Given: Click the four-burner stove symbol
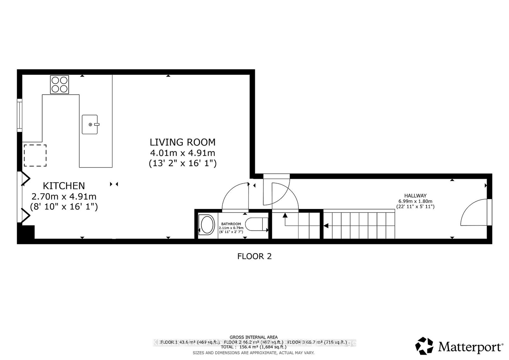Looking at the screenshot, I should click(59, 84).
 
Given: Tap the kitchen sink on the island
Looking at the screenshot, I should click(90, 124).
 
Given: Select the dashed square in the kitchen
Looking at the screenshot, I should click(35, 155).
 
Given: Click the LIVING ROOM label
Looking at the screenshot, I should click(183, 142).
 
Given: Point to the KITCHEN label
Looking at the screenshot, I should click(64, 186).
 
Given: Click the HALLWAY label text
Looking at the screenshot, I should click(415, 196).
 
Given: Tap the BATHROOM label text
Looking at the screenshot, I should click(231, 224).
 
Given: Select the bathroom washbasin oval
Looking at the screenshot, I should click(207, 225).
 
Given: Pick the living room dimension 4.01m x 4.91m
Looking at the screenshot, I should click(183, 153).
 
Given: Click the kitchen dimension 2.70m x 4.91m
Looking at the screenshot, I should click(64, 196).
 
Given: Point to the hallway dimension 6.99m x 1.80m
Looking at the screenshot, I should click(415, 201).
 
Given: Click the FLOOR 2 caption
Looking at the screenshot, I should click(254, 256).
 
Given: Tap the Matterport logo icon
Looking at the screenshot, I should click(424, 346).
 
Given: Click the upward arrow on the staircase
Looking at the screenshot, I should click(285, 215).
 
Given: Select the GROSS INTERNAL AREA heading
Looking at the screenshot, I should click(254, 337).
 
